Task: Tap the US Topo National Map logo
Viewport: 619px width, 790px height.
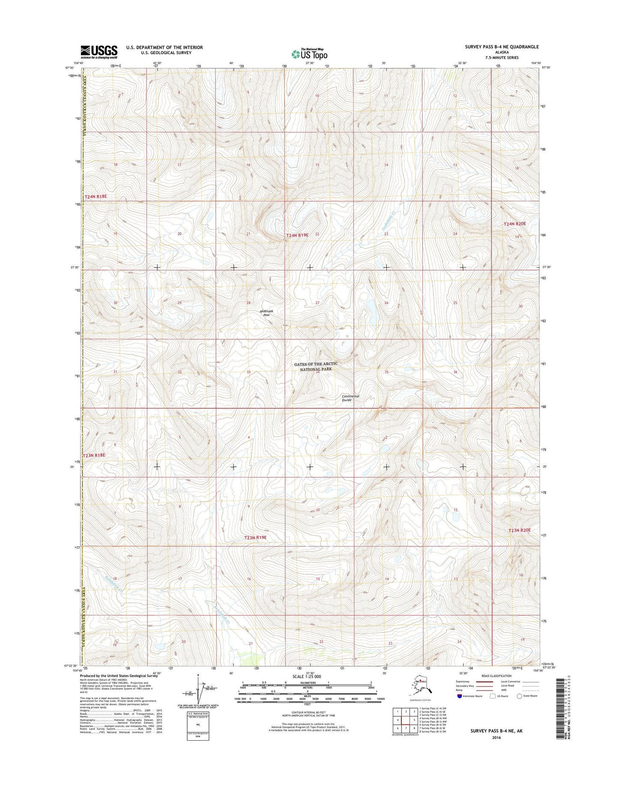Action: (x=309, y=53)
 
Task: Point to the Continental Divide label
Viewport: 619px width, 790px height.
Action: (x=350, y=398)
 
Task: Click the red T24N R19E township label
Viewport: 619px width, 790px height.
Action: (x=297, y=235)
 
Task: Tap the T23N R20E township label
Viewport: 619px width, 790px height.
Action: (x=519, y=530)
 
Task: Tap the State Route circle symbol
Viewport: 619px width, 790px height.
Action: (x=520, y=696)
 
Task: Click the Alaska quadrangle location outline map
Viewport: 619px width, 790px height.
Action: (x=420, y=686)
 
